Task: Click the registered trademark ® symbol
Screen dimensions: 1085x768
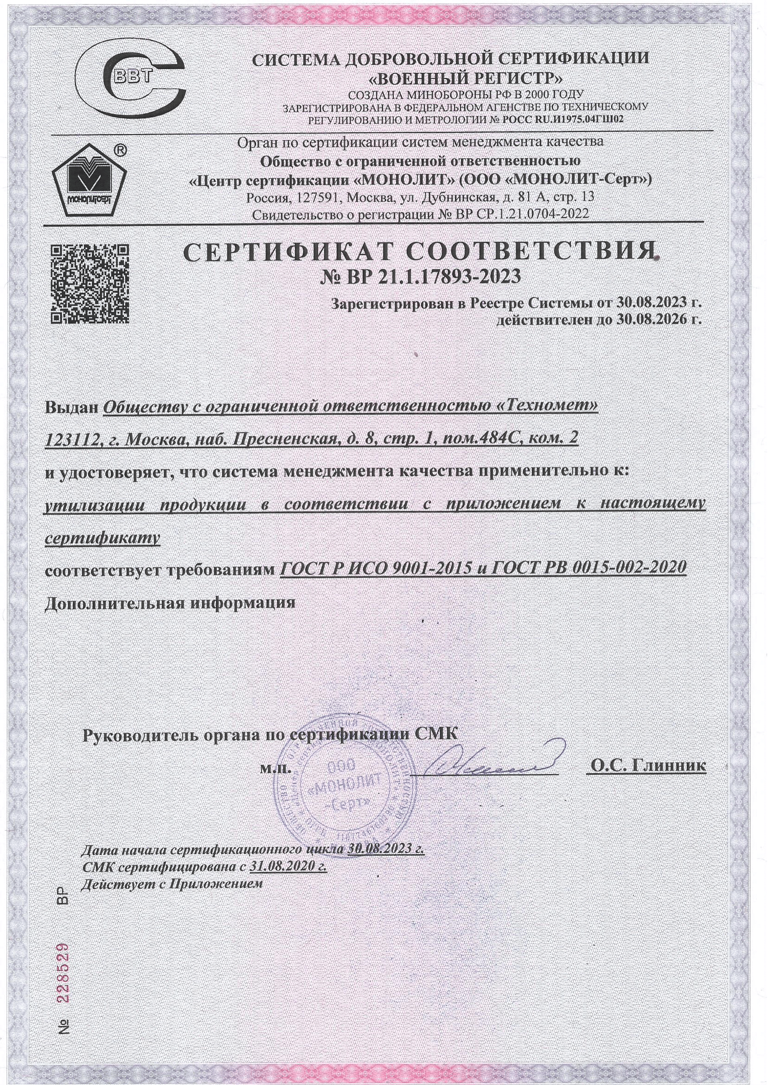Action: (120, 150)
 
